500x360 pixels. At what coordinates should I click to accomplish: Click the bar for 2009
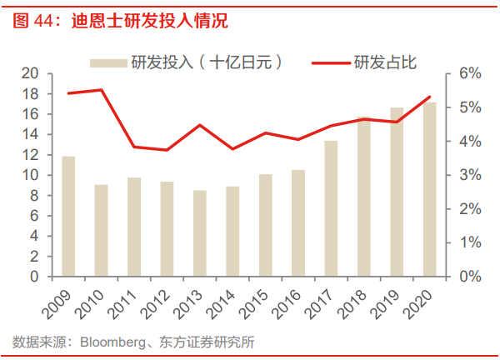click(x=68, y=216)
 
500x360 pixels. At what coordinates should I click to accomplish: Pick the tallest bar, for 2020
click(x=429, y=189)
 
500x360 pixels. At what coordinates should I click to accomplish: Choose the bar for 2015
click(x=265, y=225)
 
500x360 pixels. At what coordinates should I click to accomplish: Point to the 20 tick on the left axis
click(x=31, y=74)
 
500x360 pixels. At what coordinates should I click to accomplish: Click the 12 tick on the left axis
click(x=31, y=155)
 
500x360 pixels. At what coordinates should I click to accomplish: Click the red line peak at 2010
click(x=101, y=90)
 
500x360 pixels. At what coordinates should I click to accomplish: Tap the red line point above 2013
click(x=200, y=125)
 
